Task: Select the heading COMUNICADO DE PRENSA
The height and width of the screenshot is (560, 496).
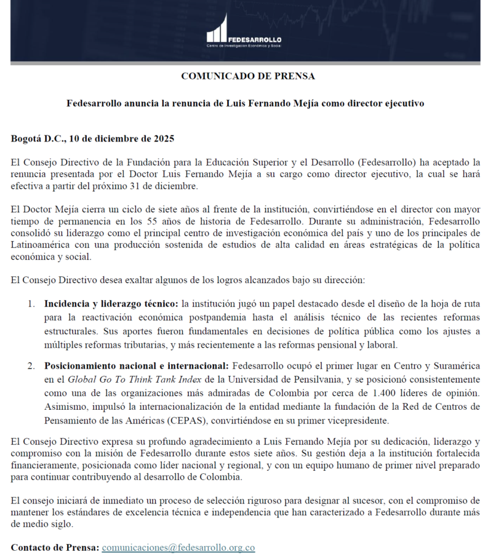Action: pyautogui.click(x=247, y=76)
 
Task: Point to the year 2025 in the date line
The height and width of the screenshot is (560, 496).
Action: pyautogui.click(x=163, y=138)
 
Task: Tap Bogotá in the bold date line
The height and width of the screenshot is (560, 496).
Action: pyautogui.click(x=27, y=138)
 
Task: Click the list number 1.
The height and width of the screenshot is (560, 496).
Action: pyautogui.click(x=31, y=304)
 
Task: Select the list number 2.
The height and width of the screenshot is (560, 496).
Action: pyautogui.click(x=31, y=366)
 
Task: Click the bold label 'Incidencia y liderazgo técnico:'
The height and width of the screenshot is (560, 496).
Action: pyautogui.click(x=111, y=304)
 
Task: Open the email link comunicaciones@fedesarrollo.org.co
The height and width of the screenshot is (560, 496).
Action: pyautogui.click(x=178, y=547)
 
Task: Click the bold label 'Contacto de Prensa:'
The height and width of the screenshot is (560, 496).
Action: pyautogui.click(x=55, y=547)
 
